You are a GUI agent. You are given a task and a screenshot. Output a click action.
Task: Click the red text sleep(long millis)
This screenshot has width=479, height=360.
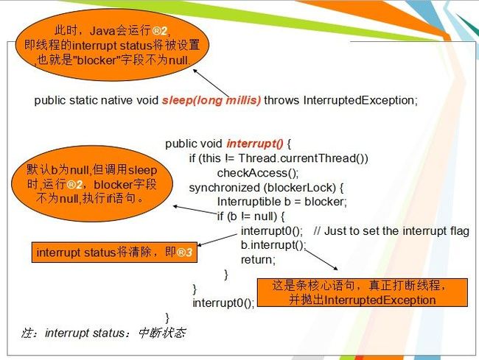[211, 100]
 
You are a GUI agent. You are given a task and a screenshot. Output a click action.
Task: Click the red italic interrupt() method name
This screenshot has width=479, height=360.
[255, 144]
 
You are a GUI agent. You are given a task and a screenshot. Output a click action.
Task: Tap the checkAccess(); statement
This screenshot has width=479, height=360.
[257, 173]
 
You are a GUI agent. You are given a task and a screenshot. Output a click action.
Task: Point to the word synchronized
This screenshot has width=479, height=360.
[225, 187]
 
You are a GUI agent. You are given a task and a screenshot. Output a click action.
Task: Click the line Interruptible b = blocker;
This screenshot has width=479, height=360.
[282, 202]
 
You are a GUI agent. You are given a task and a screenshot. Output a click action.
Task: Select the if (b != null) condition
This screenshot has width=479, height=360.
[251, 216]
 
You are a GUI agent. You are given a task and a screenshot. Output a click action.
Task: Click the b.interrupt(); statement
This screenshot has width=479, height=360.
[273, 245]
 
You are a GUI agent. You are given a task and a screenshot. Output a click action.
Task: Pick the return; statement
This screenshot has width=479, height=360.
[258, 260]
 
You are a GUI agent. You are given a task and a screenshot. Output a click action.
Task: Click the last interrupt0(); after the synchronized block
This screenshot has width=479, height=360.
[223, 303]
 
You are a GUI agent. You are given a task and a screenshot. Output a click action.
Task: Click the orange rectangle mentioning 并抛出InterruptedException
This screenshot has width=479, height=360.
[363, 292]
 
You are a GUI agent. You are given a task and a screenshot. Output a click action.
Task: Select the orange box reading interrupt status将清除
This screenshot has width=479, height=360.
[114, 253]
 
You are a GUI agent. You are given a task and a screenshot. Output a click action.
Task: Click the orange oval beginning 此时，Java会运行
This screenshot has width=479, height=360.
[112, 45]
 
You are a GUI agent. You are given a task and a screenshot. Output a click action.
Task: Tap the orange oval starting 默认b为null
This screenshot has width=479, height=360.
[92, 183]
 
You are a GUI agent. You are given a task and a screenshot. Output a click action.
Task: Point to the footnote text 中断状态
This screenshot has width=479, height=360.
[161, 333]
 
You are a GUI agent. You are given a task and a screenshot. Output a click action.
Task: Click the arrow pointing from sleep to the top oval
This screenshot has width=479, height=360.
[211, 83]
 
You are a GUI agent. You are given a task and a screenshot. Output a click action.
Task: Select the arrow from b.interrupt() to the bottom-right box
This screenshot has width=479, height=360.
[321, 260]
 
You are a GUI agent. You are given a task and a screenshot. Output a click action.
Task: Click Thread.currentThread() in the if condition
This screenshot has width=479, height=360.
[304, 158]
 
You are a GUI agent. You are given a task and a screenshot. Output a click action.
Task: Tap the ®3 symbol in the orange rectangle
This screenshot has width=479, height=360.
[185, 253]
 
